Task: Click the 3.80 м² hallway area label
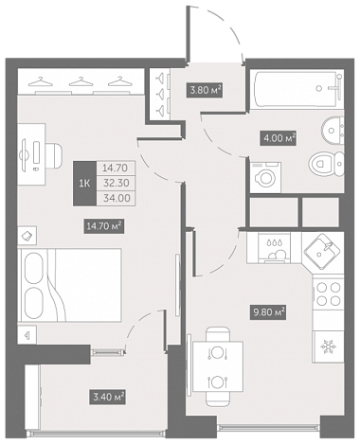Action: (x=205, y=90)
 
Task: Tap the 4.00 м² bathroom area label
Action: (x=278, y=138)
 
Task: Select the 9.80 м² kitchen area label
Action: (x=268, y=312)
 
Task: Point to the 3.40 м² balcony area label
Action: (x=107, y=397)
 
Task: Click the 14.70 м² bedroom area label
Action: (x=103, y=226)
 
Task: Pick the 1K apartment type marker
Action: (x=84, y=184)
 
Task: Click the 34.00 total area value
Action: (x=116, y=198)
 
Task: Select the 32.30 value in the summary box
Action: (x=116, y=183)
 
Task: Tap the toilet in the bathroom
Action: (x=326, y=164)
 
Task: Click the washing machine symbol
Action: (x=265, y=177)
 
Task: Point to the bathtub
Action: (x=296, y=89)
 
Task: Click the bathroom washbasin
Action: (x=333, y=130)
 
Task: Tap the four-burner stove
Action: (x=328, y=293)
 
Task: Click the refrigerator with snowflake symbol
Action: (x=328, y=346)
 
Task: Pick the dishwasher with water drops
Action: (x=274, y=248)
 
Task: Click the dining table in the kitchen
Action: (x=218, y=366)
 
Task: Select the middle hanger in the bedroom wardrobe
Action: (x=81, y=81)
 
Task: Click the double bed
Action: (x=71, y=285)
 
